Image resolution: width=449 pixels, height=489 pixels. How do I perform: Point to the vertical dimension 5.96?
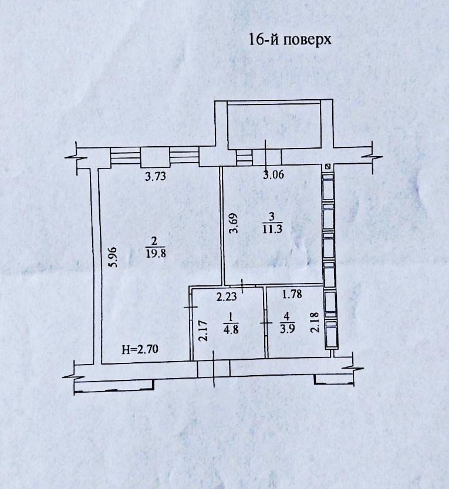click(114, 257)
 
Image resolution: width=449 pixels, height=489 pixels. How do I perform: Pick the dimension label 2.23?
click(225, 297)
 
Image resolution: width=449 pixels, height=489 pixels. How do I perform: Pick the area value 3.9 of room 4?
click(286, 329)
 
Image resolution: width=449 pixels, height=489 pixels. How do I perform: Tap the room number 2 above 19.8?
click(154, 241)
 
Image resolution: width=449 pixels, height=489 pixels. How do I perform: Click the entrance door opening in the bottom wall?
click(212, 369)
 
